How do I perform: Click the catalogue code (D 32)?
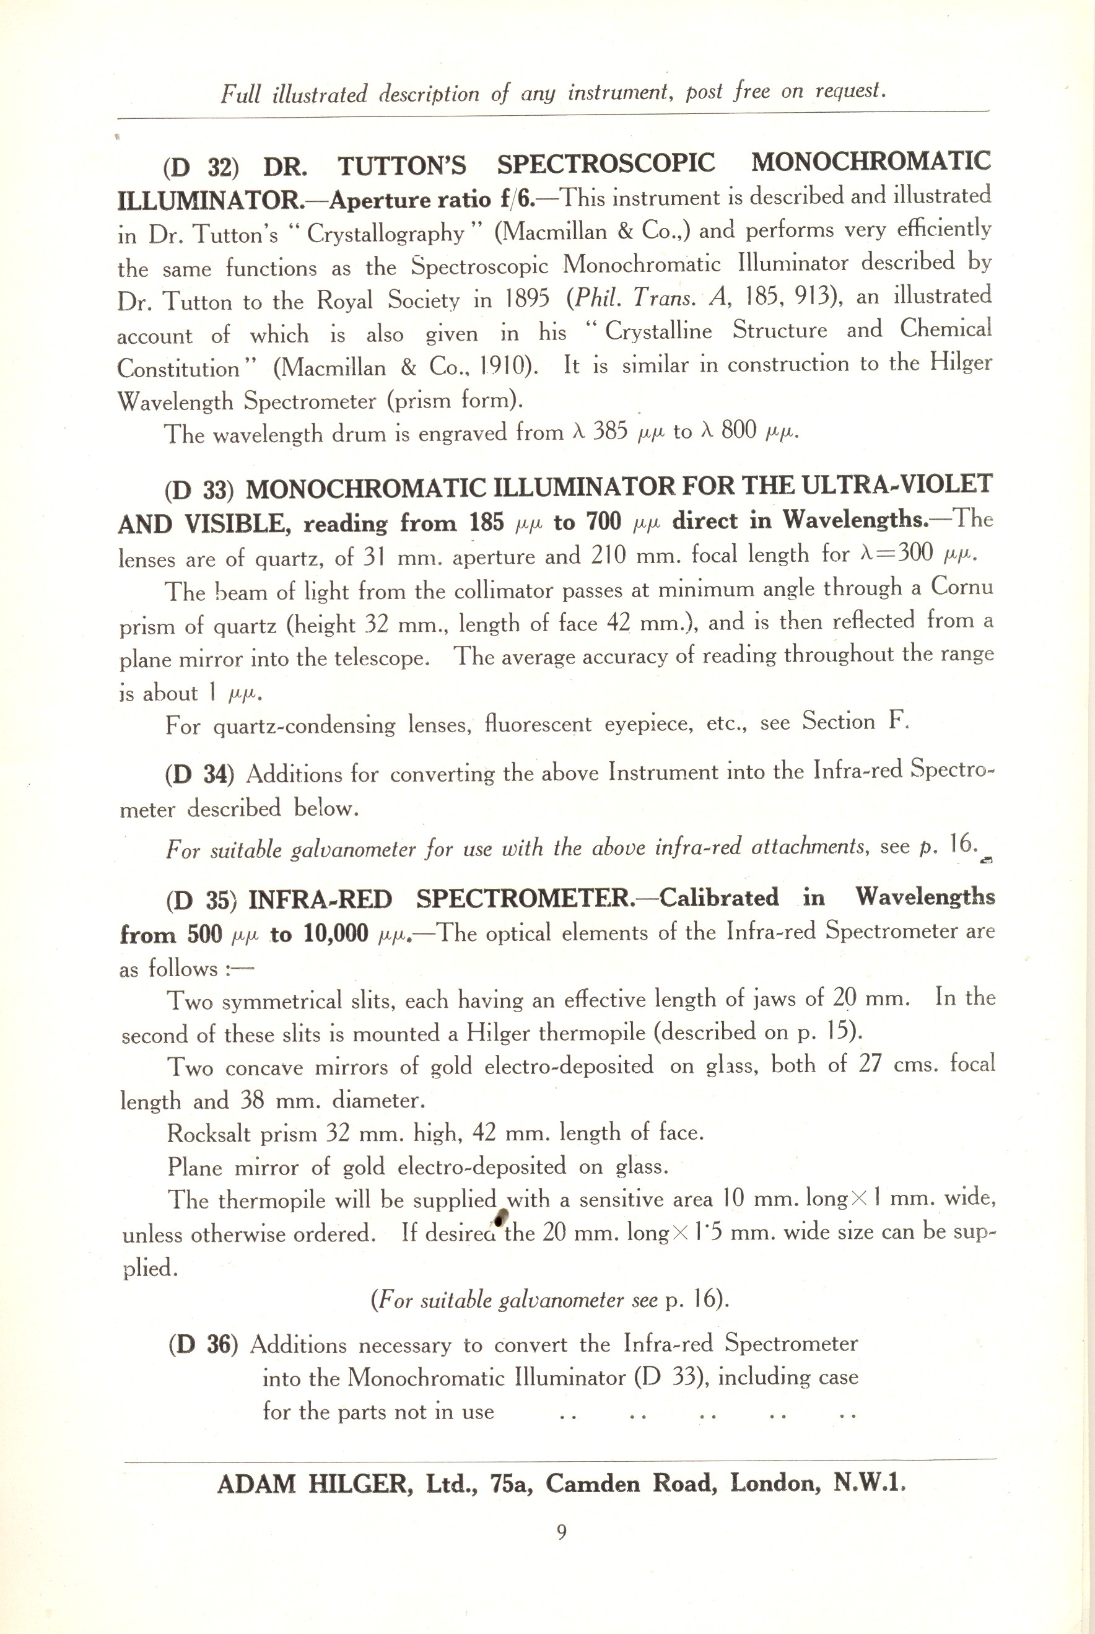click(x=201, y=168)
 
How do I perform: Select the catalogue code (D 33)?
click(x=198, y=490)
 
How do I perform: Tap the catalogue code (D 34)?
click(x=199, y=775)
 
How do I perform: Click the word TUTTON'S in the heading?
click(x=401, y=166)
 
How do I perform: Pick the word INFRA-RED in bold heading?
click(x=321, y=899)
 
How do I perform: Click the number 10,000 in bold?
click(x=336, y=934)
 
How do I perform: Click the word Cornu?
click(x=962, y=587)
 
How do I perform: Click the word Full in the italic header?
click(x=241, y=94)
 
